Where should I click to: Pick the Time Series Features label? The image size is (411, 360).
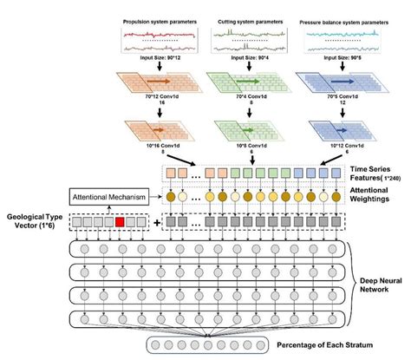pos(374,172)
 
